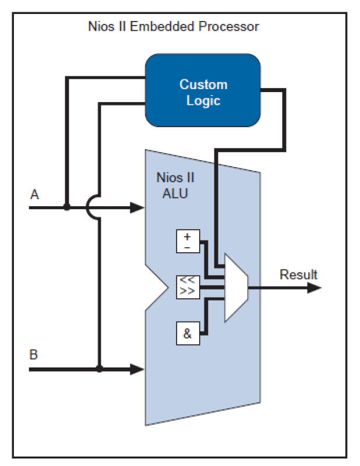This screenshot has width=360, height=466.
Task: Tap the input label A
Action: point(34,195)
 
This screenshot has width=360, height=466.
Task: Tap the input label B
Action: point(34,354)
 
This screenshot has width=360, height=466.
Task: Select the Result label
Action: point(298,274)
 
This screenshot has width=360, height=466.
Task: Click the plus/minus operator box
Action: point(188,241)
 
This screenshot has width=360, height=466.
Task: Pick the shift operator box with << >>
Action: point(188,287)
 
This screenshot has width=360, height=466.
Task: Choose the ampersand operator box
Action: point(188,334)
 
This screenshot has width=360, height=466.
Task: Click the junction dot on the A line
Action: point(67,207)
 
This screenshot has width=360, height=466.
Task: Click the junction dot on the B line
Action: point(100,369)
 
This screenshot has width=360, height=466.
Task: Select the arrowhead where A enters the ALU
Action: point(137,207)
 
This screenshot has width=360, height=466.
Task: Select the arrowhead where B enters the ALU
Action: point(137,369)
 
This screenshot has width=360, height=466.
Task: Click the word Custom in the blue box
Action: point(203,84)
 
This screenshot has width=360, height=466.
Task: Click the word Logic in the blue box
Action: point(203,100)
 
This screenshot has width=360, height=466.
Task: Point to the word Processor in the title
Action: point(231,27)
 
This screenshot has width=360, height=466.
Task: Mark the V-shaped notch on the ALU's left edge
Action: point(156,287)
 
